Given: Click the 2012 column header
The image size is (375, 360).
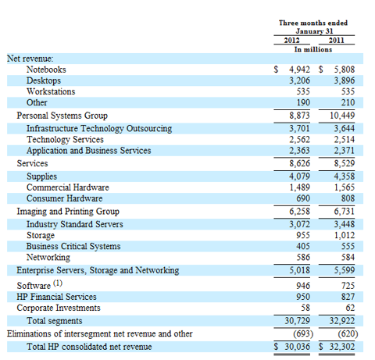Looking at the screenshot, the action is tap(291, 41).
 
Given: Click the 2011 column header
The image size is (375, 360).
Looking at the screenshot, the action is tap(337, 41).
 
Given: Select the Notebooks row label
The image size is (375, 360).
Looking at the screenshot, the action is tap(46, 70).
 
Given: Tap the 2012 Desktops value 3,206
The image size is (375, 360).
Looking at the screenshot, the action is tap(299, 80).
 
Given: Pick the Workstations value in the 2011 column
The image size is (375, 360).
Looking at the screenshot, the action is tap(348, 91).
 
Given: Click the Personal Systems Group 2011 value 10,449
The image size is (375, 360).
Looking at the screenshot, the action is tap(342, 116).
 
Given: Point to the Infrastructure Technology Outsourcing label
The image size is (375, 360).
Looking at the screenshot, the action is tap(99, 129).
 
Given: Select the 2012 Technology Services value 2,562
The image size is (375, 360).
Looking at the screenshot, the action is tap(299, 140).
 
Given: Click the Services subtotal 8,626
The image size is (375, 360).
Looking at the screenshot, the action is tap(299, 163).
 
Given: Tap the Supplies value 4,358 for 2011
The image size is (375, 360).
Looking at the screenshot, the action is tap(345, 176).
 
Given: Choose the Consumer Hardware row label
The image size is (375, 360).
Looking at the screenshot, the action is tap(65, 198).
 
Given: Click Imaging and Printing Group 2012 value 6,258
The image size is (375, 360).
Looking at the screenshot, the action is tap(299, 212).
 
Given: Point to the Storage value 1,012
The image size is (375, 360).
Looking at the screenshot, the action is tap(345, 235).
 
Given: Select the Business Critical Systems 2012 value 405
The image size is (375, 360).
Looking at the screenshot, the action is tap(303, 246).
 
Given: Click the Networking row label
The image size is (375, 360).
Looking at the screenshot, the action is tap(48, 258).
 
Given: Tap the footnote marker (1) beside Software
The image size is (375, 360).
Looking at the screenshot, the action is tap(58, 283).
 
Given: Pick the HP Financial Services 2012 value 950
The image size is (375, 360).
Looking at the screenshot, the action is tap(303, 297).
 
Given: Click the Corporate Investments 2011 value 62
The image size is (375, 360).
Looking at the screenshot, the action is tap(350, 308).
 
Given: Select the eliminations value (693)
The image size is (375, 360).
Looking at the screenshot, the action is tap(303, 333).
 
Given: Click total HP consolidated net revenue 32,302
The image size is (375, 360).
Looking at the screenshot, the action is tap(342, 347).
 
